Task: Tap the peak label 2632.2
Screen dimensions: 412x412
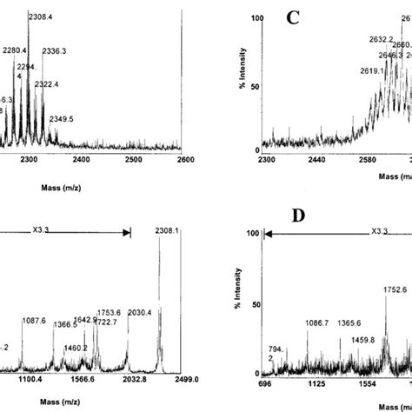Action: [x=372, y=39]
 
